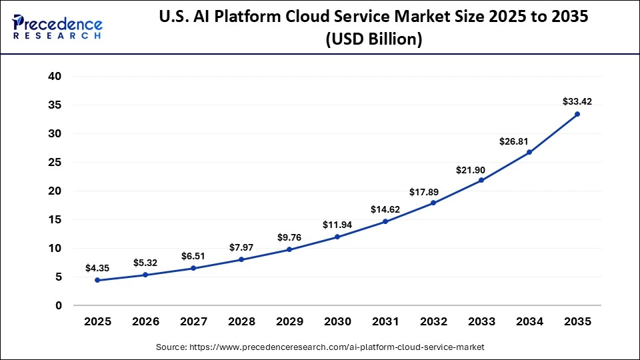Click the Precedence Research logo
[x=57, y=27]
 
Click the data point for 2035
[x=577, y=114]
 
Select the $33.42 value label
[x=577, y=101]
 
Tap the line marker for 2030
[x=337, y=237]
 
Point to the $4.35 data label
[x=97, y=268]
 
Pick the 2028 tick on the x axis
[x=241, y=321]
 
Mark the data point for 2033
[x=481, y=180]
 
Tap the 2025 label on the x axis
[x=97, y=321]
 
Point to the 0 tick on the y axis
[x=59, y=305]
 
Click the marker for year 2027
[x=193, y=268]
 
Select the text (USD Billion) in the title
[x=373, y=39]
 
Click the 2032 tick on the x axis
[x=433, y=321]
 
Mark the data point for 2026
[x=145, y=275]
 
